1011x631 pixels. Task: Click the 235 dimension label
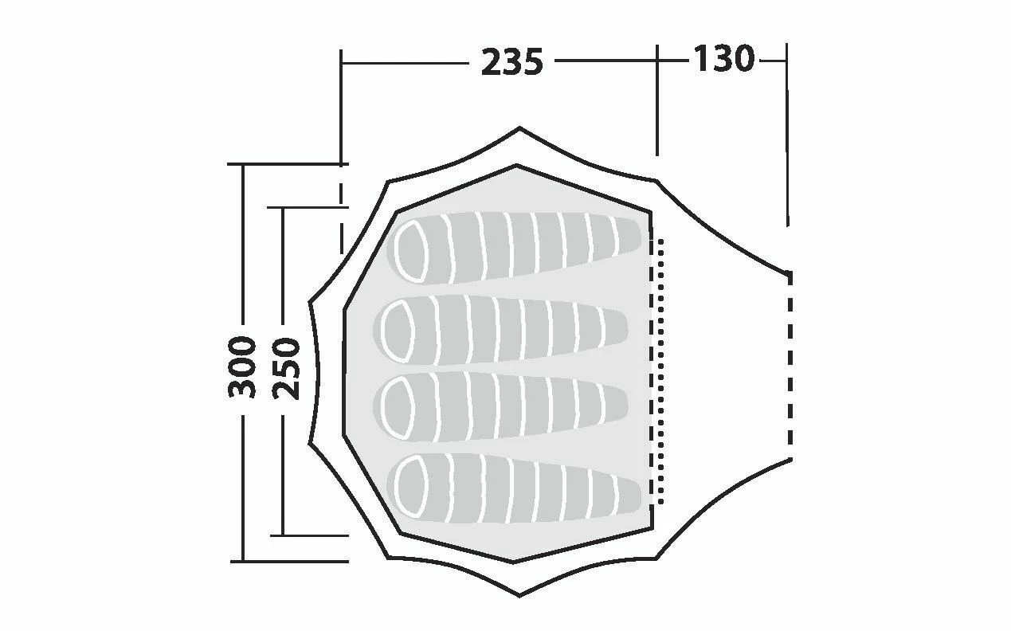point(511,62)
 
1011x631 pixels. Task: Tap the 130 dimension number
point(723,58)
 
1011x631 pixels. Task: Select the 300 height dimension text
point(242,367)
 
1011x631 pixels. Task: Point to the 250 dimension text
point(286,368)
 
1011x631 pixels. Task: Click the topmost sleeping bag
point(514,248)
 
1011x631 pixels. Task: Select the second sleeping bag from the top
point(500,330)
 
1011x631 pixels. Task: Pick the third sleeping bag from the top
point(500,406)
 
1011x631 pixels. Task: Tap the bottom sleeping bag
point(514,488)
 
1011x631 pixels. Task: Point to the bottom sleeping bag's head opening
point(411,487)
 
